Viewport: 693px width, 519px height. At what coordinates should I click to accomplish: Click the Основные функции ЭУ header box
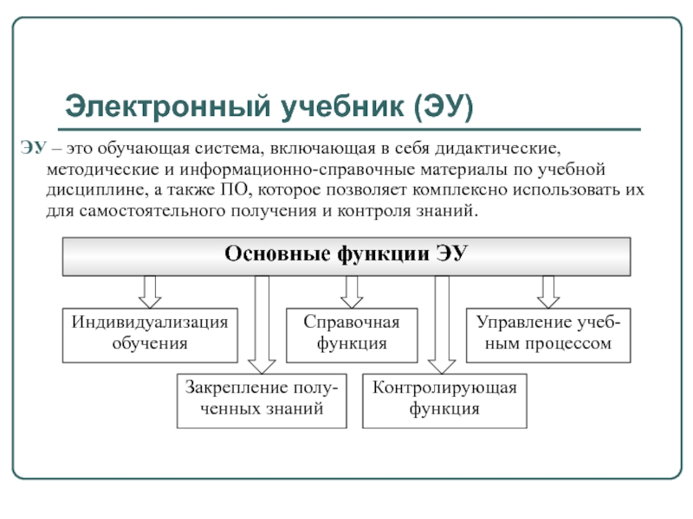click(346, 255)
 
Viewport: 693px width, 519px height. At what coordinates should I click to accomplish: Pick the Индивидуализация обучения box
click(149, 333)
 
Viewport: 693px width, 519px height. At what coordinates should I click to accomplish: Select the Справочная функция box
click(351, 333)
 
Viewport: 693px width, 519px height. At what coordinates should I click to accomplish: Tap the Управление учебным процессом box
click(548, 333)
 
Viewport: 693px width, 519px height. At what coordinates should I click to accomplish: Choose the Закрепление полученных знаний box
click(259, 400)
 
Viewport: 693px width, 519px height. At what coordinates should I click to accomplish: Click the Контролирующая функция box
click(444, 400)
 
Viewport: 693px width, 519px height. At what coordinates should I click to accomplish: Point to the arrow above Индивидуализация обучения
click(149, 292)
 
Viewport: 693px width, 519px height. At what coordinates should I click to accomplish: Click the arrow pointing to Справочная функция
click(351, 292)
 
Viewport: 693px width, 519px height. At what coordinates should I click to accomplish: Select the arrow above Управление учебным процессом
click(547, 292)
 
